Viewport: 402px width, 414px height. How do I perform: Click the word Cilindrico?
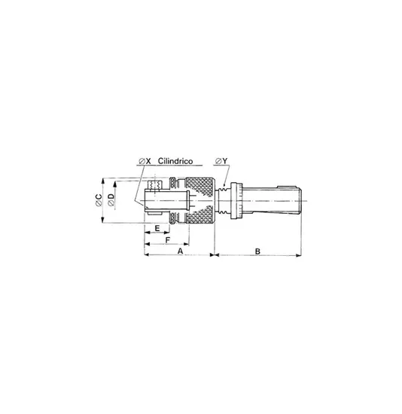175,161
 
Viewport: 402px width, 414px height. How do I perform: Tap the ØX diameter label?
145,161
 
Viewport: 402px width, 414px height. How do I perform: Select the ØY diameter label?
221,161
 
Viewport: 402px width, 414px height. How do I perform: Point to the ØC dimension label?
99,200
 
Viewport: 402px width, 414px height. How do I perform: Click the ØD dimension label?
111,200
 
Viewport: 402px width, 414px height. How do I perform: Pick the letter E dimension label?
157,228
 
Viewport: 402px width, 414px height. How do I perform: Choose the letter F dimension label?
167,240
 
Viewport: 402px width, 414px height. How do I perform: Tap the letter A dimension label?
180,251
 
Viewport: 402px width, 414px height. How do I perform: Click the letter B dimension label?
257,251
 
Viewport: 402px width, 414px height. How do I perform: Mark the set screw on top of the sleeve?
155,185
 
